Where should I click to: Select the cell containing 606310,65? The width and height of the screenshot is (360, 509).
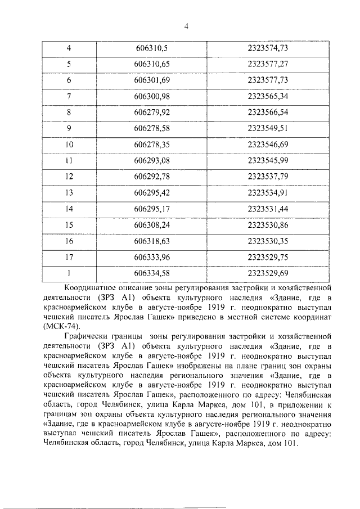pos(152,64)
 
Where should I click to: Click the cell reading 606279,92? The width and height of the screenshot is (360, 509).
pos(152,112)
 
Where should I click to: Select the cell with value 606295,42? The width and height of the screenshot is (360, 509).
pos(152,193)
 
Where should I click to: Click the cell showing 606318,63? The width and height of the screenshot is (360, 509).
pos(152,241)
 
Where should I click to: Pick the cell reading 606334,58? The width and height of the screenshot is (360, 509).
pos(152,273)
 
